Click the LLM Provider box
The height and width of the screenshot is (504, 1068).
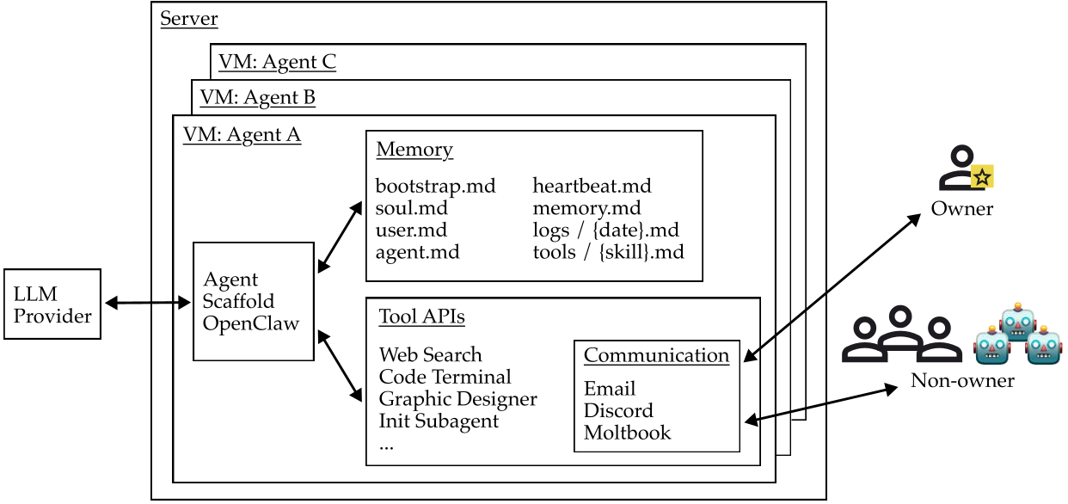(52, 304)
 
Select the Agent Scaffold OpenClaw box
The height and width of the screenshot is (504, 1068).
(253, 301)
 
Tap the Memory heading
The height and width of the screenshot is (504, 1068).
(414, 150)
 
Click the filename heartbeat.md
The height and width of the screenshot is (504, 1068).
(592, 186)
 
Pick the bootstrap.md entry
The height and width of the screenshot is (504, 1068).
(435, 186)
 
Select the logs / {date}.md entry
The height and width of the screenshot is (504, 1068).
(605, 230)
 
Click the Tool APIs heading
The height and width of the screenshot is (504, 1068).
(421, 317)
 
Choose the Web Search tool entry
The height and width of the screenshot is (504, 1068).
(430, 354)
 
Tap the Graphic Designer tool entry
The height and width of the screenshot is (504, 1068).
(457, 399)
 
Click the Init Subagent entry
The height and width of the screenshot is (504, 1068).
(439, 421)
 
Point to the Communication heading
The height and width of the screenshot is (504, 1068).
(656, 355)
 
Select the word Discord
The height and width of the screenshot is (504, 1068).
(618, 410)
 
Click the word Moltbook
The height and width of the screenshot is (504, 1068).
(627, 433)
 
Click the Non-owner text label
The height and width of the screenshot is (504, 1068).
(962, 380)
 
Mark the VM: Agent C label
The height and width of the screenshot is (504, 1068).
(277, 62)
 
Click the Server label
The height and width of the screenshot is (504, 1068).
(189, 18)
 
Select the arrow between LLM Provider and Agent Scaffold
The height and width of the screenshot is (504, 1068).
(146, 303)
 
